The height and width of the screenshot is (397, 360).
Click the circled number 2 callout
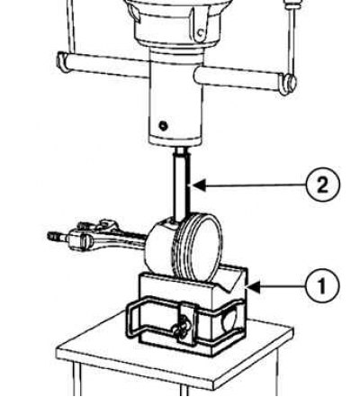[323, 185]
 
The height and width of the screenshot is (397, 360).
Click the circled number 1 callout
[322, 285]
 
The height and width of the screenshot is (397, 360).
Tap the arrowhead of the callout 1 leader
[253, 287]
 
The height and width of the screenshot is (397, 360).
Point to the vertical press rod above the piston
[182, 185]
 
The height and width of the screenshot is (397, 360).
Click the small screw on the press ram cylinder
[163, 126]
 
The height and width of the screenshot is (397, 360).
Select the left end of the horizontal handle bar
[62, 62]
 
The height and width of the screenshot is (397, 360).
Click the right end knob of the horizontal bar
[288, 84]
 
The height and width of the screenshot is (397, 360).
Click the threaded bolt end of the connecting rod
[57, 237]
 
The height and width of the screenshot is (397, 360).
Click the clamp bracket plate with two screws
[186, 323]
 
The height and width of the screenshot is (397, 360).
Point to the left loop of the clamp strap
[132, 318]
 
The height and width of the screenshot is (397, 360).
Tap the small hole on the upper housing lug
[201, 32]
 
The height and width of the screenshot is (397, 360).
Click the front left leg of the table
[77, 379]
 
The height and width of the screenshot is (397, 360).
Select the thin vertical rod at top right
[292, 36]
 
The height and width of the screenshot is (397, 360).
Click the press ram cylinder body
[176, 99]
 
